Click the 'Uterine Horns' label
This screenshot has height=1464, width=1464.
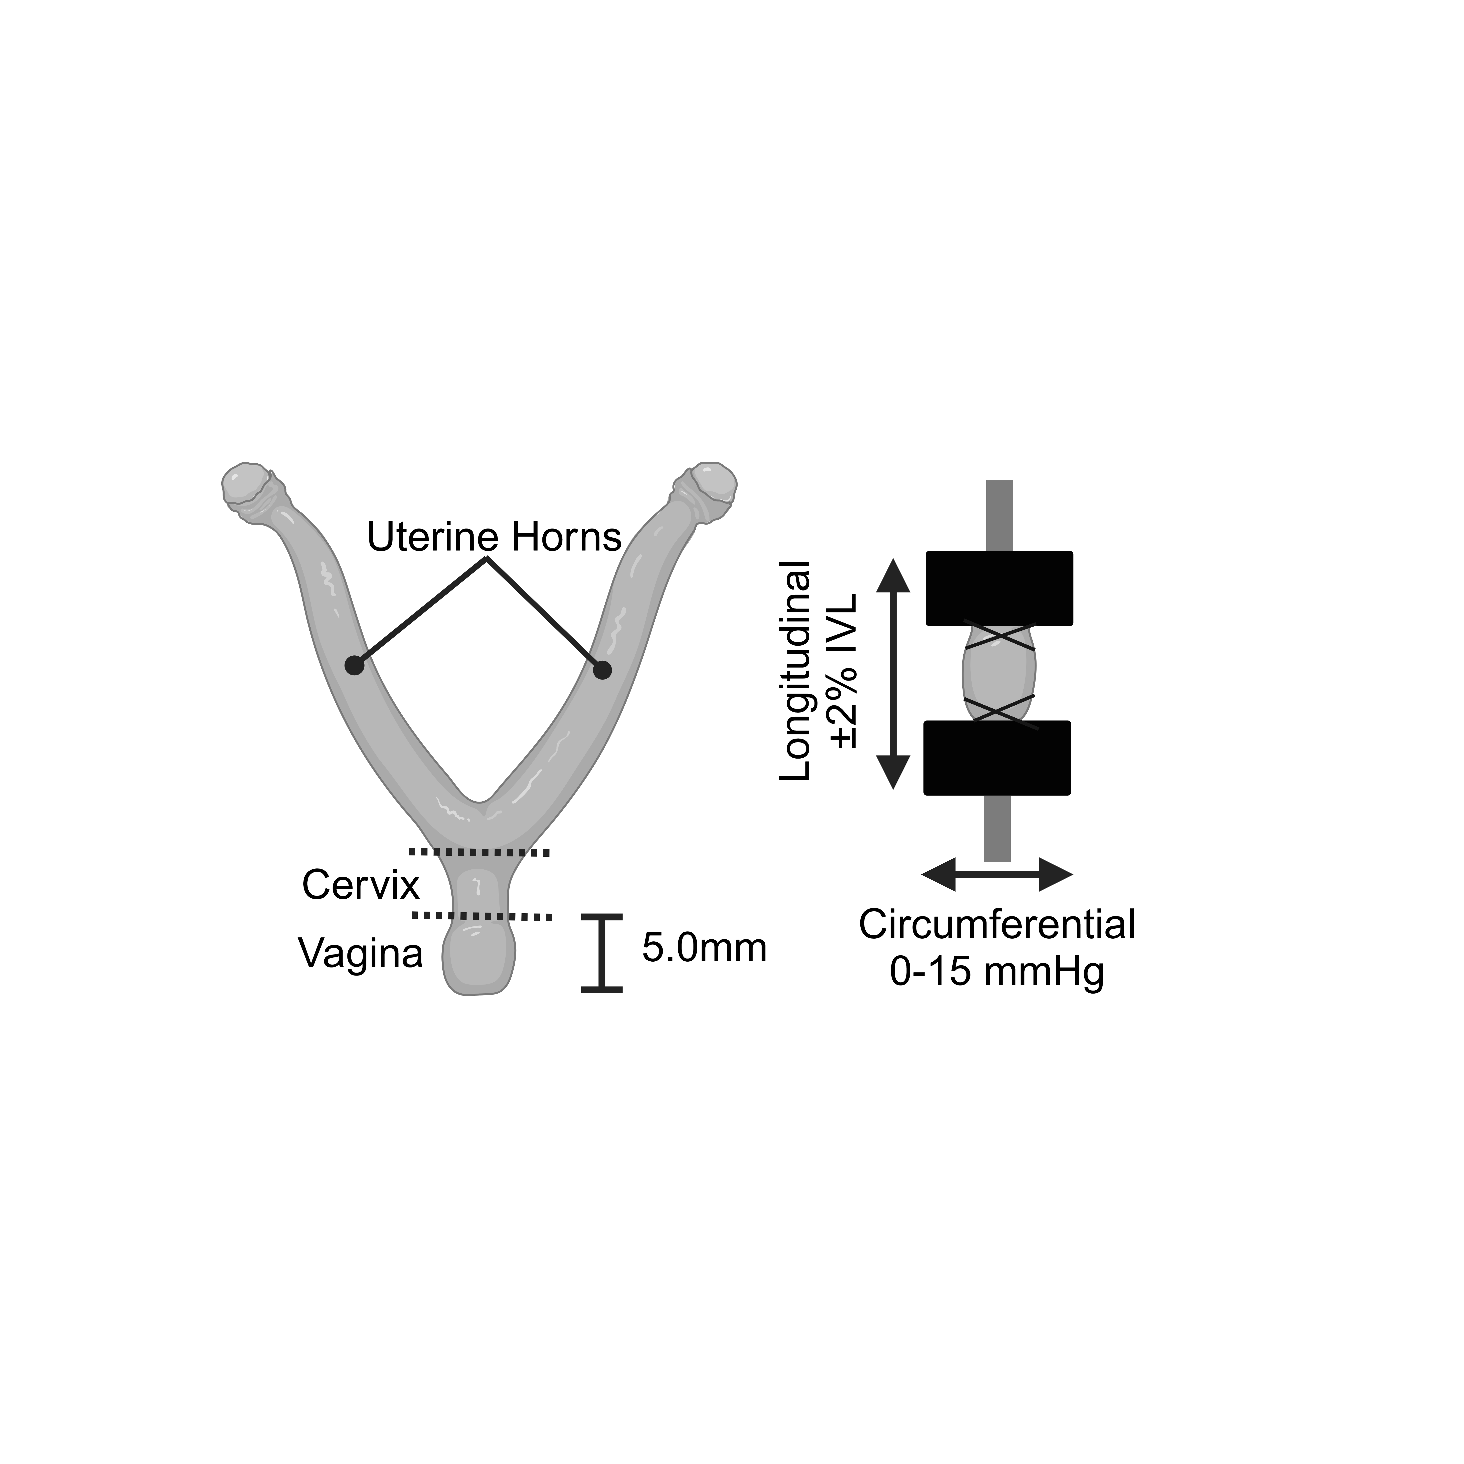pyautogui.click(x=494, y=537)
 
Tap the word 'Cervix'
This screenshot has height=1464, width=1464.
pyautogui.click(x=361, y=884)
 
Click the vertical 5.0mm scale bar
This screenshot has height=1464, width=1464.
pyautogui.click(x=602, y=953)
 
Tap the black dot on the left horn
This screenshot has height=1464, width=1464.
pyautogui.click(x=354, y=665)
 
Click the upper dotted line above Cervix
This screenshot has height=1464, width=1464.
pyautogui.click(x=479, y=853)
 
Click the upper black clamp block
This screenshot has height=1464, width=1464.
pyautogui.click(x=999, y=588)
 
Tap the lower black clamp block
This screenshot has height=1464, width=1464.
pyautogui.click(x=997, y=758)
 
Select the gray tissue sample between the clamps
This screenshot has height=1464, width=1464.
pyautogui.click(x=999, y=673)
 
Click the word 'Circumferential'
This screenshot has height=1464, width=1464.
pyautogui.click(x=997, y=925)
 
